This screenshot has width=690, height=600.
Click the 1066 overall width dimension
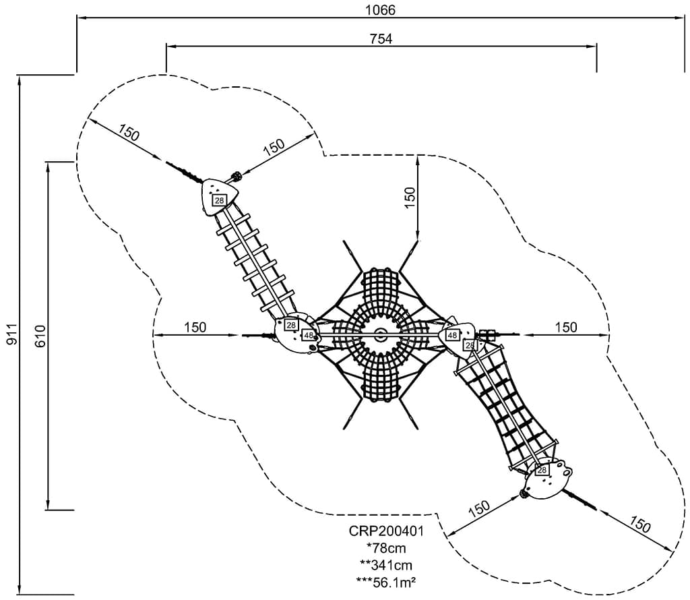pos(381,9)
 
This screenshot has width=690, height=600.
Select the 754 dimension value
pos(381,38)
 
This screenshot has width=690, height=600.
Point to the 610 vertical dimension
pos(40,335)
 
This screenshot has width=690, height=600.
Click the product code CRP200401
pos(386,531)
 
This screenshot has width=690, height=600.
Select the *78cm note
pos(386,547)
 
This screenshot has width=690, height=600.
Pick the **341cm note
pos(386,564)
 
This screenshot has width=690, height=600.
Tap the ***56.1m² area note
pos(386,581)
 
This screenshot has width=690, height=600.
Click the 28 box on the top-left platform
pos(219,200)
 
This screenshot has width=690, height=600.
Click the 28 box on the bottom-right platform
pos(541,470)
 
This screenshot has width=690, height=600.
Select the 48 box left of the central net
pos(309,335)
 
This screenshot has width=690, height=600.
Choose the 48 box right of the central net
pos(452,335)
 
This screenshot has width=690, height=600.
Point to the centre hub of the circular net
pos(381,334)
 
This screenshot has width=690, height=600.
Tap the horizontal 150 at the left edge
pos(195,328)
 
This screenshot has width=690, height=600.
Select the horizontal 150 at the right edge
pos(566,328)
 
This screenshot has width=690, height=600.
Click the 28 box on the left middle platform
pos(291,325)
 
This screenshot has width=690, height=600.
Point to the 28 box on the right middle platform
pos(470,345)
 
